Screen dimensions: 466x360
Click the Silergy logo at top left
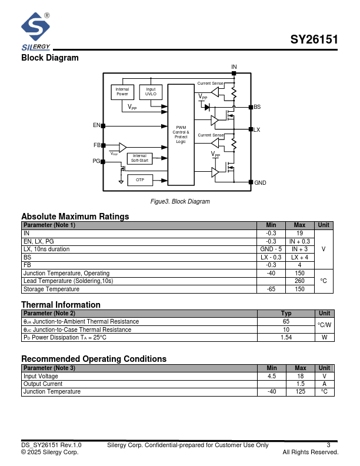coord(36,32)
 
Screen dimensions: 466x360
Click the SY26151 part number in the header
coord(314,41)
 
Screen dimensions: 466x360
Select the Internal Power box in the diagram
coord(122,92)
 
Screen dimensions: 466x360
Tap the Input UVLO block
coord(151,92)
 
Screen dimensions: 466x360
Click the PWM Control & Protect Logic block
coord(181,134)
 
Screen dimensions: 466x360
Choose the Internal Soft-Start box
coord(139,158)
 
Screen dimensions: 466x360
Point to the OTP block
coord(139,179)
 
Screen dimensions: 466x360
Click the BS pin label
coord(257,107)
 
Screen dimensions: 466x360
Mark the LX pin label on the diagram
coord(256,129)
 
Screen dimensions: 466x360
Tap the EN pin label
coord(96,125)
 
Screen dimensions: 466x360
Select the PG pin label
coord(96,161)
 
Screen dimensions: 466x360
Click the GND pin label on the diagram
coord(260,183)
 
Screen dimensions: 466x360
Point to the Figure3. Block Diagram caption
coord(180,201)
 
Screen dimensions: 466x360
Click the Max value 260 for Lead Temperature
coord(300,281)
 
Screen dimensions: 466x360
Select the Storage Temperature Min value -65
coord(271,289)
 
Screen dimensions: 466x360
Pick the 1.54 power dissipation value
coord(286,338)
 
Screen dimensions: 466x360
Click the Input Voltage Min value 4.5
coord(271,376)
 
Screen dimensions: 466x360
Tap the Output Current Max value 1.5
coord(300,384)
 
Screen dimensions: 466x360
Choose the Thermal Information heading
coord(61,305)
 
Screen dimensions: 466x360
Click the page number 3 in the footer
coord(328,445)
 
